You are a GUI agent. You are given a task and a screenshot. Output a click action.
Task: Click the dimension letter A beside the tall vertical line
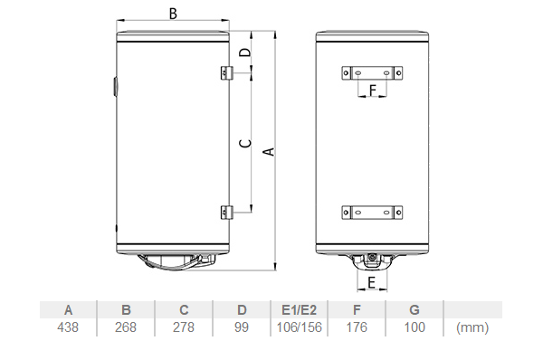tap(269, 152)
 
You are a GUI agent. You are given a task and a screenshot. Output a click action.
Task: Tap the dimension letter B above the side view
tap(173, 14)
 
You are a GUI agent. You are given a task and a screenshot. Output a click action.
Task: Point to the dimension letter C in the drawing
tap(245, 143)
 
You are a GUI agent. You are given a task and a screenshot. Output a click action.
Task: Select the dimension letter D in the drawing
tap(245, 52)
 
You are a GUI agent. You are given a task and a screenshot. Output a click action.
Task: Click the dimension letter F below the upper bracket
tap(373, 90)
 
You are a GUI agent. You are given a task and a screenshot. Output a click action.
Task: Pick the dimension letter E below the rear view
tap(372, 283)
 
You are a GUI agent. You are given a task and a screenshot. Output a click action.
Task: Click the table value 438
tap(68, 327)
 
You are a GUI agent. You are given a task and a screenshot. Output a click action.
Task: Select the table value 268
tap(126, 327)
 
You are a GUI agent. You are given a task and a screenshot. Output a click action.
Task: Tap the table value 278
tap(184, 327)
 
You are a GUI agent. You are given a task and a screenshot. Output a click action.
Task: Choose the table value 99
tap(242, 327)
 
